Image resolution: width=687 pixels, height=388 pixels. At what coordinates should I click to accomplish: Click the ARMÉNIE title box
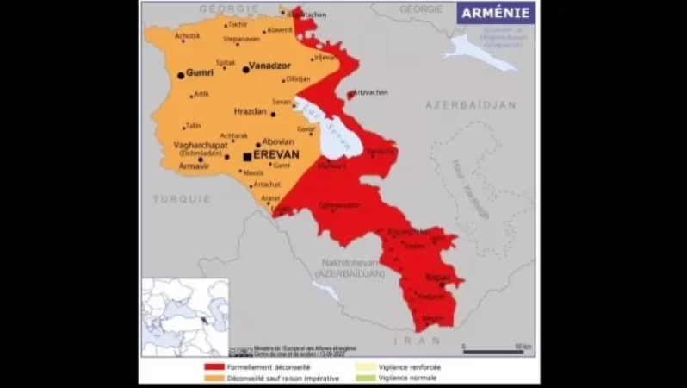click(x=496, y=12)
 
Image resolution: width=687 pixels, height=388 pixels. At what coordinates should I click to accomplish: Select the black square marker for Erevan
click(x=247, y=156)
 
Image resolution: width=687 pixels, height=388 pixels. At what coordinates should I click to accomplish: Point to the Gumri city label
click(x=200, y=73)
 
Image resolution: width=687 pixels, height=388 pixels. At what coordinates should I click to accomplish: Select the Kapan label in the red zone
click(x=438, y=278)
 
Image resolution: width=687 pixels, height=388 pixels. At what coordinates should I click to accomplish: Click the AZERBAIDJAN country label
click(x=471, y=104)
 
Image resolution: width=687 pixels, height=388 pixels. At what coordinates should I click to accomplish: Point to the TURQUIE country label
click(x=182, y=198)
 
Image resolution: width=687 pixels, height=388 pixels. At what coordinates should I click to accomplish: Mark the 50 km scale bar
click(x=493, y=351)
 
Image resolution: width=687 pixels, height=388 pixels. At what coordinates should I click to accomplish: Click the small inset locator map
click(x=185, y=316)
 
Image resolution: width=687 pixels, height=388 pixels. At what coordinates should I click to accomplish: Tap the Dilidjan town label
click(x=298, y=78)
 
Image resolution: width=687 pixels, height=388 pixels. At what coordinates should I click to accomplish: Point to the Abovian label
click(x=278, y=141)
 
